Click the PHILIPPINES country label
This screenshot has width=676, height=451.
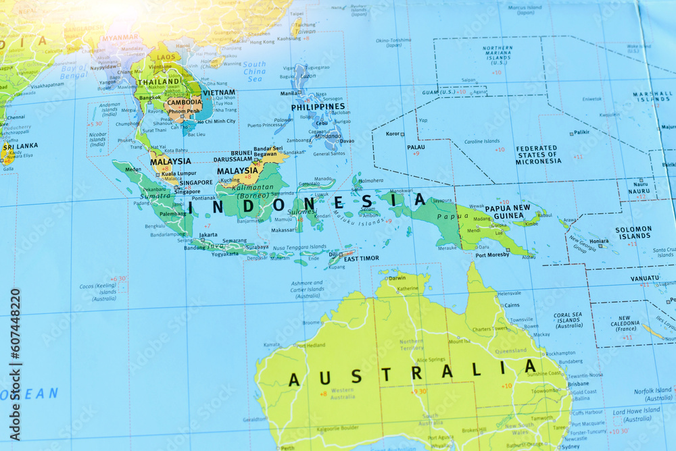tap(318, 107)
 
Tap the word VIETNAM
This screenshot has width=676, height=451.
tap(219, 92)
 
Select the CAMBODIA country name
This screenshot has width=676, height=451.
tap(185, 103)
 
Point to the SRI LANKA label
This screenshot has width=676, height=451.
tap(20, 146)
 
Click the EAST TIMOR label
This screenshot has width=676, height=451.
tap(362, 258)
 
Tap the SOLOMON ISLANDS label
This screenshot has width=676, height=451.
tap(633, 233)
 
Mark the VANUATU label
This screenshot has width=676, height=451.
tap(644, 278)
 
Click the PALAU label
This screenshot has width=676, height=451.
tap(416, 147)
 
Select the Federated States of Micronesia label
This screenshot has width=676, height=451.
tap(537, 155)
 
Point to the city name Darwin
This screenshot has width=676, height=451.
tap(397, 278)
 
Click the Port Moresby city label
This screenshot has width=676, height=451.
tap(492, 255)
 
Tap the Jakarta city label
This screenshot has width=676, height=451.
tap(208, 235)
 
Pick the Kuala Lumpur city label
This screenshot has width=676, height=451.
tap(178, 174)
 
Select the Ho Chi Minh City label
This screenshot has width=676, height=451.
tap(215, 121)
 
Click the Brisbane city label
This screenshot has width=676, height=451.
tap(578, 383)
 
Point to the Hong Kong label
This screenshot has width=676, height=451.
tap(262, 42)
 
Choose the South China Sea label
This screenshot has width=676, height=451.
tap(254, 72)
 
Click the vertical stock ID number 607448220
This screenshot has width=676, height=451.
tap(15, 345)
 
